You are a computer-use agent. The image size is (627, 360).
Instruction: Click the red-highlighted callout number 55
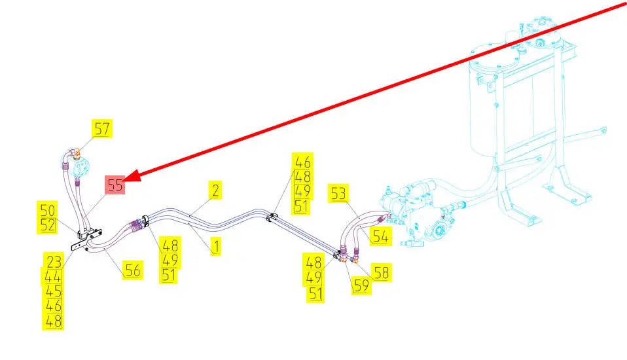tap(115, 185)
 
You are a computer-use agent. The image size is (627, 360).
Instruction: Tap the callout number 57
tap(102, 129)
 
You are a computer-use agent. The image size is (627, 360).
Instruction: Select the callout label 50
tap(48, 210)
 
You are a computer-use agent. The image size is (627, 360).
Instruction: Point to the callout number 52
tap(48, 225)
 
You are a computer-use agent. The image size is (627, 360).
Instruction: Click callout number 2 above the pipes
tap(214, 190)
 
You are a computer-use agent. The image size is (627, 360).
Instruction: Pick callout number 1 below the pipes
tap(214, 247)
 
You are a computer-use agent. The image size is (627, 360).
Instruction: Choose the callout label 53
tap(339, 194)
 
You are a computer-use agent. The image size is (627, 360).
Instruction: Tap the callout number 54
tap(380, 236)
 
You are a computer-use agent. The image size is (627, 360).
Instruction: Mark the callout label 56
tap(133, 270)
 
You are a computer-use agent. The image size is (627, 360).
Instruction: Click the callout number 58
tap(380, 272)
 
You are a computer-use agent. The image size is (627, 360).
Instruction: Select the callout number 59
tap(361, 285)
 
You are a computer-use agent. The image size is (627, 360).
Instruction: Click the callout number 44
tap(54, 276)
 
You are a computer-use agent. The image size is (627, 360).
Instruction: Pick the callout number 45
tap(54, 291)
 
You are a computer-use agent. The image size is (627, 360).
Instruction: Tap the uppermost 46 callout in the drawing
tap(303, 162)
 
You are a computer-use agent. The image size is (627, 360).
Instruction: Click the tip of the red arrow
tap(126, 178)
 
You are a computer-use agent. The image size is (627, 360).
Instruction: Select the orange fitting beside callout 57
tap(77, 154)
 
